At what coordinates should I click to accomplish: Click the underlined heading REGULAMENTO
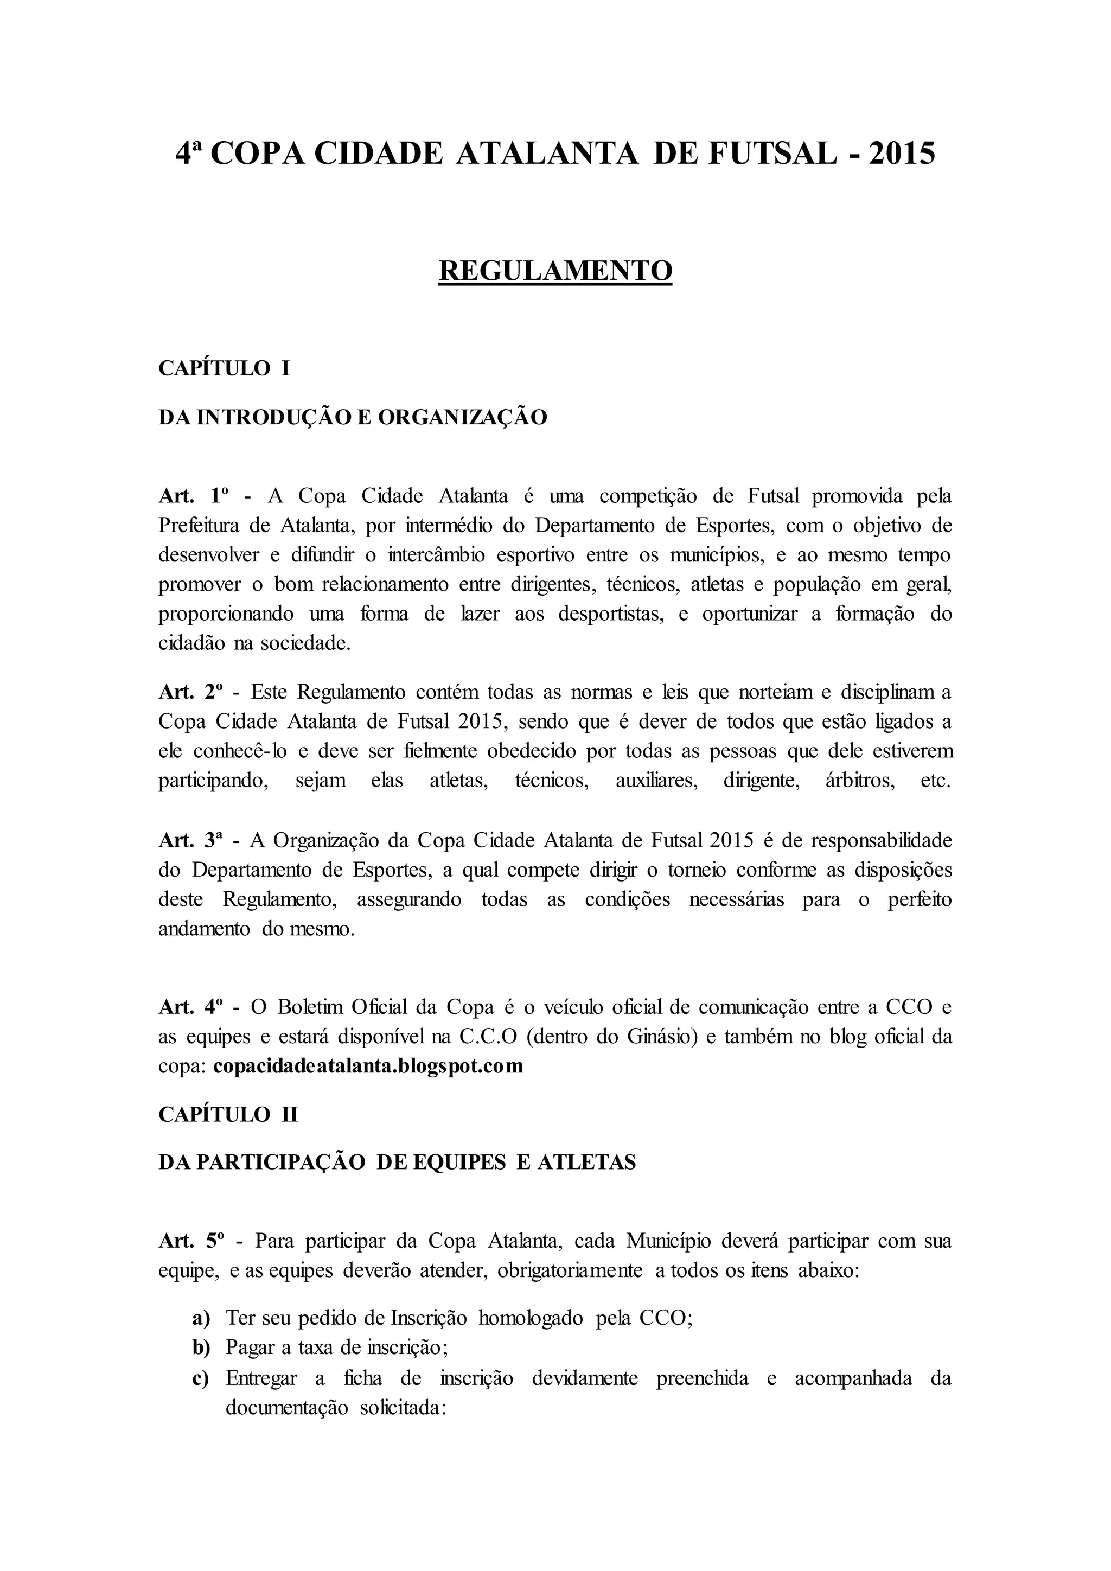(555, 270)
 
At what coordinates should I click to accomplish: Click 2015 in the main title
(901, 154)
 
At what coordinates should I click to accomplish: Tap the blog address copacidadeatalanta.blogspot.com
(368, 1066)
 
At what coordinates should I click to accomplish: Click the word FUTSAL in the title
(772, 154)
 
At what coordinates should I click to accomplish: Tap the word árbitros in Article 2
(860, 781)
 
